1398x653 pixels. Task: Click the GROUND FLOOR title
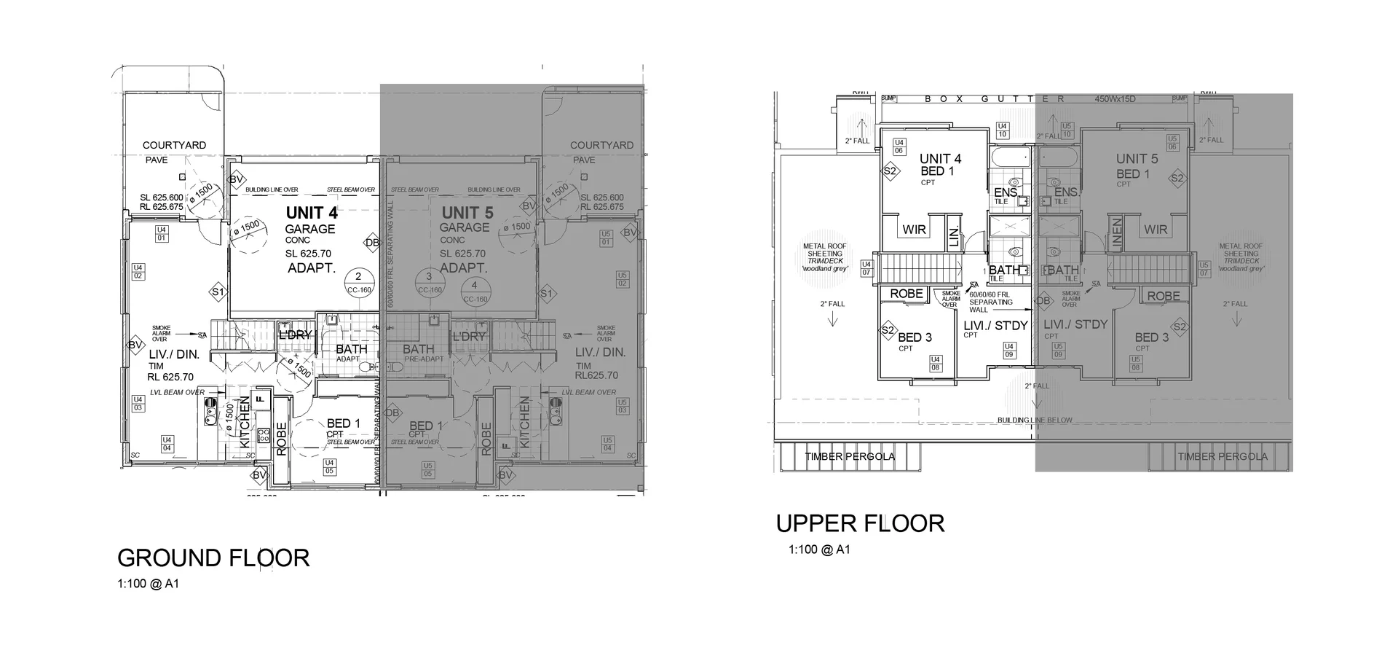click(x=213, y=558)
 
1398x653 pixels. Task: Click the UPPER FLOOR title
click(x=860, y=523)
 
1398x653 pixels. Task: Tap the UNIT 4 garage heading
click(x=312, y=213)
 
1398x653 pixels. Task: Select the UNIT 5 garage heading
click(x=467, y=213)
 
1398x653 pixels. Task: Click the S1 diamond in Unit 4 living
click(x=217, y=292)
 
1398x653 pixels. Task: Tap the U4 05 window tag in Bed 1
click(x=329, y=466)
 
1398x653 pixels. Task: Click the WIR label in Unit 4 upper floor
click(x=914, y=230)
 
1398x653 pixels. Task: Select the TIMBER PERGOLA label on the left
click(x=850, y=457)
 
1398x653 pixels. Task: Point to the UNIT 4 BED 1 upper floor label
click(x=939, y=165)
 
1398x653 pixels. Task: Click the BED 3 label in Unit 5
click(x=1152, y=337)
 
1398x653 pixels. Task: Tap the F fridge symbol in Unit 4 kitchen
click(x=259, y=400)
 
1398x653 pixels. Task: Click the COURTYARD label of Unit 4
click(x=174, y=145)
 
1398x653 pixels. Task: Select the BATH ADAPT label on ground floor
click(x=351, y=352)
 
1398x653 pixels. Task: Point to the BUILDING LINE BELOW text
click(x=1034, y=421)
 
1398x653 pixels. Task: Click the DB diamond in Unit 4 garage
click(x=372, y=243)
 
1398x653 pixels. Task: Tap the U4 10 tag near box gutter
click(x=1002, y=130)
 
